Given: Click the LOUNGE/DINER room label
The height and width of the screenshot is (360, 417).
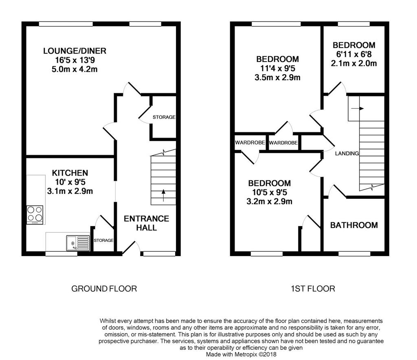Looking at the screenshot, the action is (x=75, y=51).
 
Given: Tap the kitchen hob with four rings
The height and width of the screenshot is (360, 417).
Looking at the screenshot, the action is (x=35, y=214).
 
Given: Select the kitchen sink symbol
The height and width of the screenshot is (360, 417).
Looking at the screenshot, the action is (x=78, y=243).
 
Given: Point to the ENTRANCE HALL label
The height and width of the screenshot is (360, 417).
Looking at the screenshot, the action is (x=146, y=223).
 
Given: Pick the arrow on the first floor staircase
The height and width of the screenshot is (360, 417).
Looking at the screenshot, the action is (x=358, y=108).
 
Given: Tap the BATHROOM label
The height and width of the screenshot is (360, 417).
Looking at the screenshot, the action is (x=354, y=225).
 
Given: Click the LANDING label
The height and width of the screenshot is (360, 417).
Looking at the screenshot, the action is (x=347, y=154).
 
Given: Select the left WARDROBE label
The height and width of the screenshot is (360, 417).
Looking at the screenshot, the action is (x=250, y=143).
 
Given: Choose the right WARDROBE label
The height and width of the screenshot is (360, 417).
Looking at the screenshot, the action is (x=283, y=143).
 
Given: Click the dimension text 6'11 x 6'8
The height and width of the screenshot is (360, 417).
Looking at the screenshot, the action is (x=354, y=54).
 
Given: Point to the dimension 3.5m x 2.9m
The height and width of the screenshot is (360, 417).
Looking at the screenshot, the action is (x=277, y=78).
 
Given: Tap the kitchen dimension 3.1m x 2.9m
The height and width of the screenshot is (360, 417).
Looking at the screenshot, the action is (x=70, y=191).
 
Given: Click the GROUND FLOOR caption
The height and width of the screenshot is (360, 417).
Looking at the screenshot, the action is (x=104, y=289).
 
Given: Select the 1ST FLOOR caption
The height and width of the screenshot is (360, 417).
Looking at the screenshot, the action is (x=313, y=289).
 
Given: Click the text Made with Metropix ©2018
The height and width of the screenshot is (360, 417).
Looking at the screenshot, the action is (x=241, y=354).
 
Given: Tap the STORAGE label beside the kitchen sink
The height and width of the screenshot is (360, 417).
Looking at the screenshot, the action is (x=103, y=240).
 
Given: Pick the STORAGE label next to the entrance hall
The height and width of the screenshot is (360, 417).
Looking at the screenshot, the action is (x=164, y=117).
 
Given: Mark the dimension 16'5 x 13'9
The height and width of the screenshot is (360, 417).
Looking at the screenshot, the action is (x=75, y=60).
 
